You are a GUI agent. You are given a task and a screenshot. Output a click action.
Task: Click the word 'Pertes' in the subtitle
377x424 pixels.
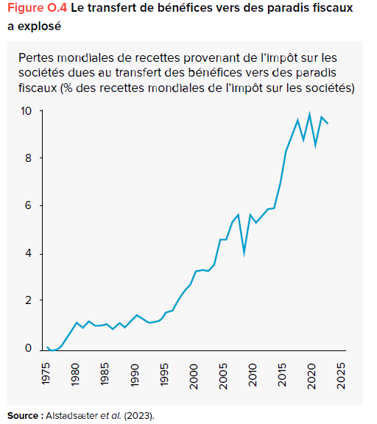point(36,57)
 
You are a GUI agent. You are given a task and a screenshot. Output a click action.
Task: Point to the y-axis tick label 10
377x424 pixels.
point(26,111)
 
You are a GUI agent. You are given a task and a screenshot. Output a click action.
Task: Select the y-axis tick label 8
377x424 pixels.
point(29,158)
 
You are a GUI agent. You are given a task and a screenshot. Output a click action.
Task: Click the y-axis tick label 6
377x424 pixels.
point(29,206)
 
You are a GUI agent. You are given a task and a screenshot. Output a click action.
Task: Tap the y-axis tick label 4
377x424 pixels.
point(29,254)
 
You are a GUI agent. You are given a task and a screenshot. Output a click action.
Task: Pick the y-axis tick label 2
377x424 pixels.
point(29,301)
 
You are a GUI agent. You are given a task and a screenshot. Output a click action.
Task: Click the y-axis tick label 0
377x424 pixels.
point(29,349)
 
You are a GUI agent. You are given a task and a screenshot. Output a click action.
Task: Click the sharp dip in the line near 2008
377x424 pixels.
point(244,254)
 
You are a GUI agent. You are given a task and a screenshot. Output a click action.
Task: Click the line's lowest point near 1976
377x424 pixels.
point(52,351)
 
